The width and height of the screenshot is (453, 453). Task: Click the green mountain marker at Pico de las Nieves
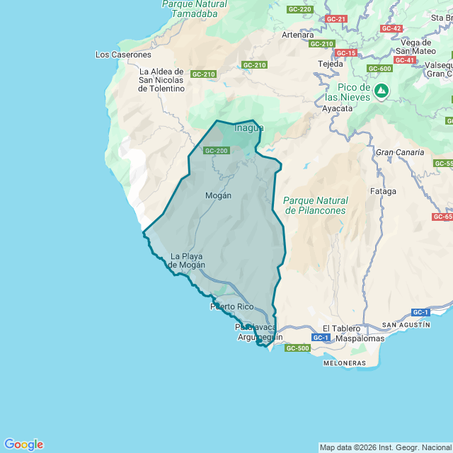pos(382,91)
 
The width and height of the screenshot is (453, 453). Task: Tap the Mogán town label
pos(218,195)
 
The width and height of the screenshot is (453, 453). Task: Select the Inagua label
pos(248,128)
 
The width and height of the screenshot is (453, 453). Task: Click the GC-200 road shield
pos(217,151)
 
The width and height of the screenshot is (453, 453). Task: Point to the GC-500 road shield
pos(297,348)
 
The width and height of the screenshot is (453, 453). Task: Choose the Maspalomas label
pos(360,338)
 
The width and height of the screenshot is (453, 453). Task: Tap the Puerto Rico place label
pos(231,306)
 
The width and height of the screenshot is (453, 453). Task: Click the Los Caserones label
pos(123,55)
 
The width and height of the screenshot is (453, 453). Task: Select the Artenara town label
pos(297,35)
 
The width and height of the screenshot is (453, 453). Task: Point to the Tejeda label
pos(331,64)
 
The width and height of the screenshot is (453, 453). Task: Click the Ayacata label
pos(338,109)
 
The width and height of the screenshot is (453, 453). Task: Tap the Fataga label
pos(383,191)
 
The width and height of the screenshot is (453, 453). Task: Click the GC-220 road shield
pos(300,9)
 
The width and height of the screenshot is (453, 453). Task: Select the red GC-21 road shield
pos(337,18)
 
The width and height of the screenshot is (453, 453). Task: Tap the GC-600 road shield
pos(380,69)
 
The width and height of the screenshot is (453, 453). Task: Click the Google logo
pos(23,445)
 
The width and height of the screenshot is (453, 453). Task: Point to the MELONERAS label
pos(344,363)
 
